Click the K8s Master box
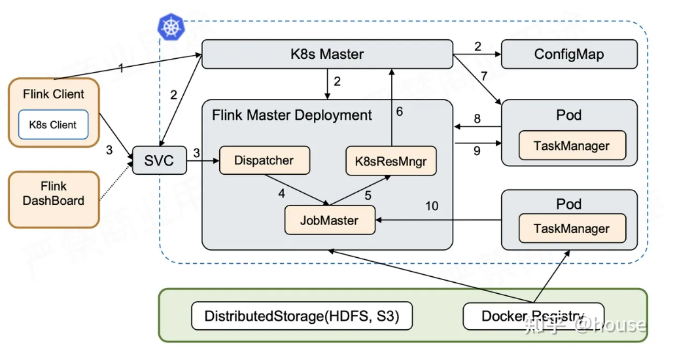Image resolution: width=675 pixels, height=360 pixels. point(327,54)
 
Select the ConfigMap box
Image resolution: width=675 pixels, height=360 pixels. point(569,54)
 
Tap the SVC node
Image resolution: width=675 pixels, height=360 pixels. point(159,160)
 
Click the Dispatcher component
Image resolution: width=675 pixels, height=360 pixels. point(264,160)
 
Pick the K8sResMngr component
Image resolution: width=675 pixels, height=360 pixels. point(390,160)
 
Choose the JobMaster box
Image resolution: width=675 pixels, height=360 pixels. point(330,220)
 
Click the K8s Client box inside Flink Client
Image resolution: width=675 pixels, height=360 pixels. point(53,124)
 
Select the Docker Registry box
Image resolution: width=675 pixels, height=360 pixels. point(533,316)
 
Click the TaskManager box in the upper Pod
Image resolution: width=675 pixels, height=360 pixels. point(572,146)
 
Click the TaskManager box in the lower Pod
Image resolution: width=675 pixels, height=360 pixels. point(572,228)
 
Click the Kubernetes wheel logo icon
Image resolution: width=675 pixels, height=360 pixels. point(172,27)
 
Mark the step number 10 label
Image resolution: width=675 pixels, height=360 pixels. point(432,207)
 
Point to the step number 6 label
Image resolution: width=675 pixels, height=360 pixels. point(399,111)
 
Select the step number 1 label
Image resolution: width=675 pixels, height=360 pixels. point(120,67)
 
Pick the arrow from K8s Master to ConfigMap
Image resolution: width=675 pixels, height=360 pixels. point(477,54)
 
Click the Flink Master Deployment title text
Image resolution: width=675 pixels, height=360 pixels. point(292,115)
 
